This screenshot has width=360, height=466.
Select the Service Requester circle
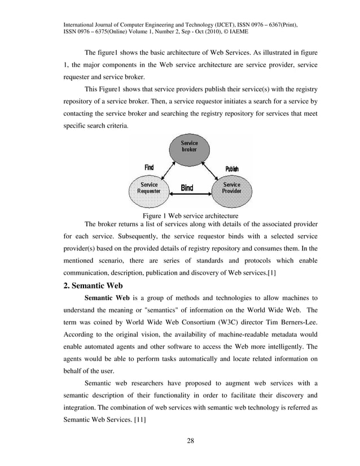click(150, 188)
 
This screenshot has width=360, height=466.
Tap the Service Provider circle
click(231, 188)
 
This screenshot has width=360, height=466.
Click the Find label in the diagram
click(149, 168)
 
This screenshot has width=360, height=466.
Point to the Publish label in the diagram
click(232, 169)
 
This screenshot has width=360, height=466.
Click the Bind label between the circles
click(187, 188)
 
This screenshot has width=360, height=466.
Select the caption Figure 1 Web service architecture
click(190, 216)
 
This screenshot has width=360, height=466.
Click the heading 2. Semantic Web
click(94, 285)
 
